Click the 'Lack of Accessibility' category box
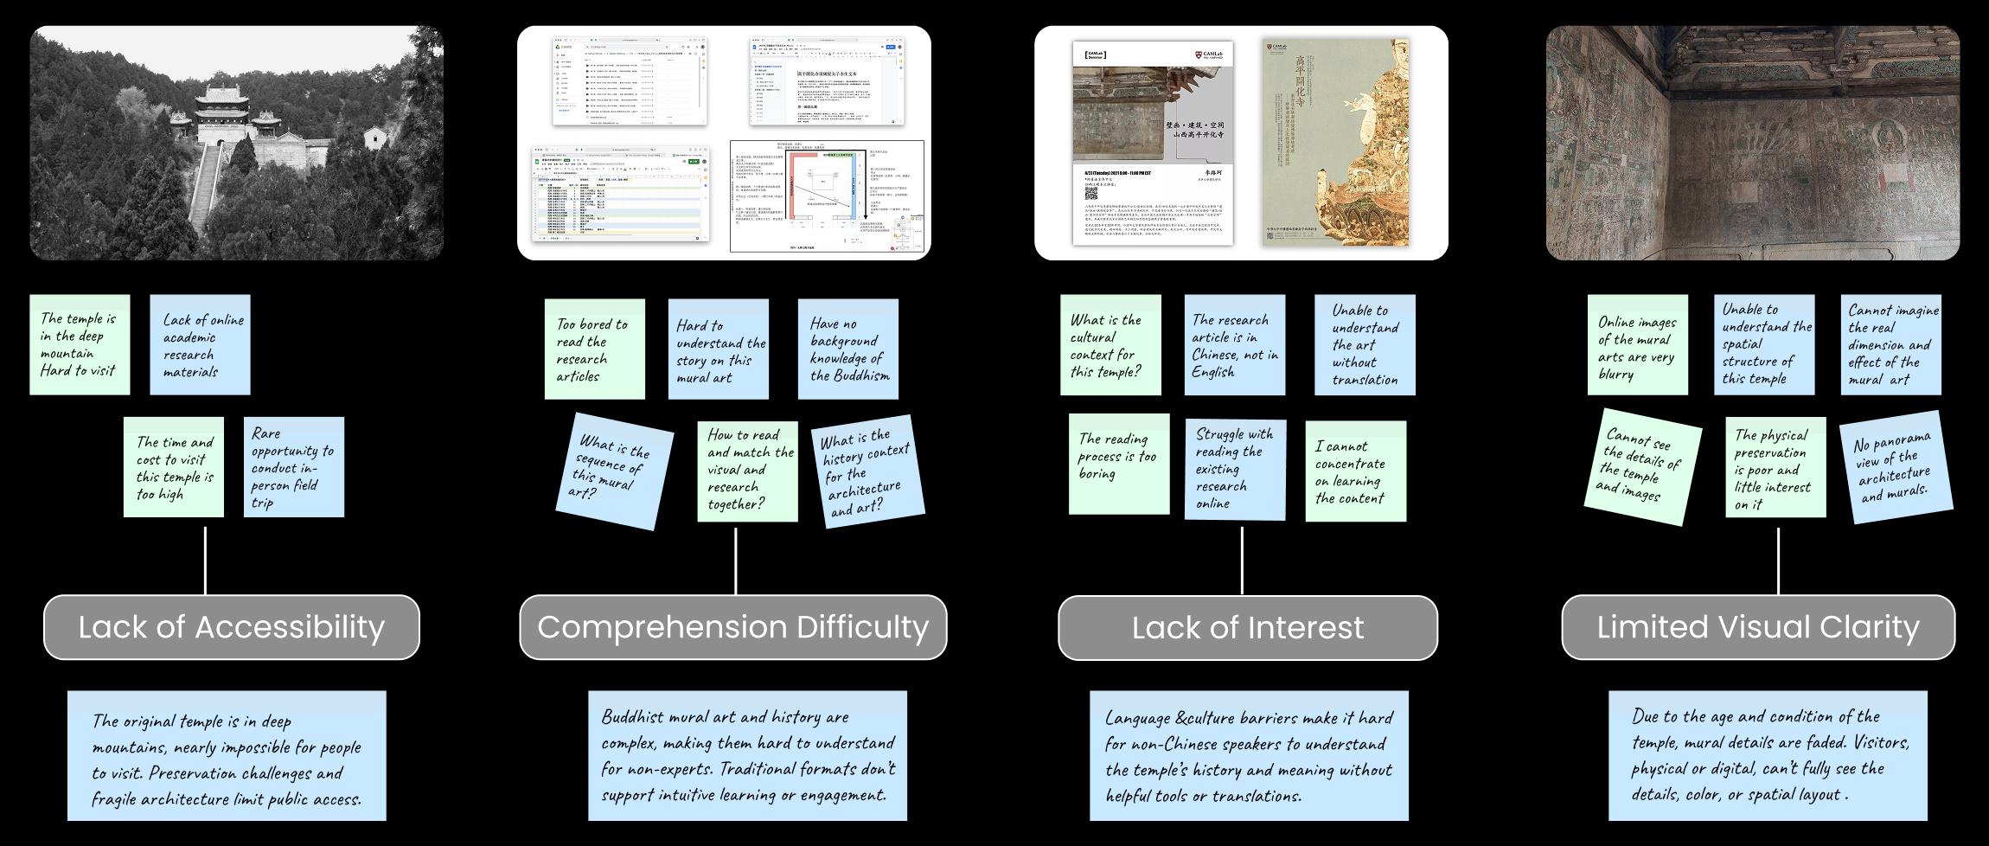(x=232, y=627)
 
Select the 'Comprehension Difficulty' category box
(x=732, y=627)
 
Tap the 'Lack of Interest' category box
(x=1247, y=628)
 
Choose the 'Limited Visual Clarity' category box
(x=1757, y=627)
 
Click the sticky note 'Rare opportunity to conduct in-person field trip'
(x=294, y=467)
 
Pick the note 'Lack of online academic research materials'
(x=200, y=345)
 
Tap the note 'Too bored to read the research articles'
(x=594, y=349)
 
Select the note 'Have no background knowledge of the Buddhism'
(x=847, y=349)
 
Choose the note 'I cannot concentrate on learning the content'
(x=1355, y=471)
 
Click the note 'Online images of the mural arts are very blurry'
(x=1637, y=345)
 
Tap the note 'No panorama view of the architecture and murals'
(x=1895, y=468)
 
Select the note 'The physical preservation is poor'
(x=1775, y=468)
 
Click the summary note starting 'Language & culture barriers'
(x=1249, y=756)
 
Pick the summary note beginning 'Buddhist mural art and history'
(x=747, y=756)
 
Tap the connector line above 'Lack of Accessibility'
(x=205, y=560)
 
